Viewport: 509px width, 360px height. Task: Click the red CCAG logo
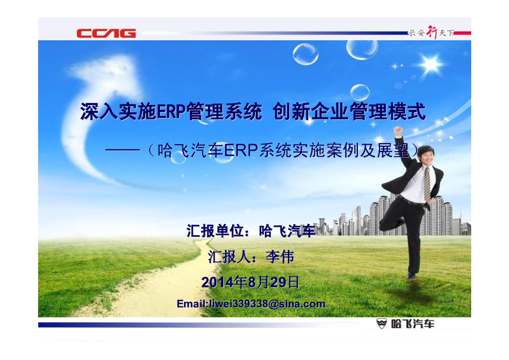pyautogui.click(x=106, y=33)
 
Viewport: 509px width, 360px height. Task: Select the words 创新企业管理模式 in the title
pyautogui.click(x=349, y=112)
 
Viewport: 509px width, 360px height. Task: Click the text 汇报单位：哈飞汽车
pyautogui.click(x=251, y=231)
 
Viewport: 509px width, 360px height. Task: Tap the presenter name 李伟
pyautogui.click(x=280, y=257)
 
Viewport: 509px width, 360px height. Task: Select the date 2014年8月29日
pyautogui.click(x=251, y=282)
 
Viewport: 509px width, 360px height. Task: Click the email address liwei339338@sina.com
pyautogui.click(x=251, y=304)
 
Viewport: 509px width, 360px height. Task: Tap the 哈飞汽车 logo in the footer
pyautogui.click(x=405, y=324)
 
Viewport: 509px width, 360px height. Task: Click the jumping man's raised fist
pyautogui.click(x=398, y=130)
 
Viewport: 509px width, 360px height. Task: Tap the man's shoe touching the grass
pyautogui.click(x=411, y=276)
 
